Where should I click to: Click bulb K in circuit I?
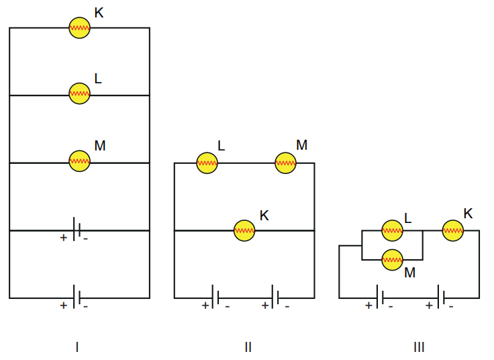tap(79, 28)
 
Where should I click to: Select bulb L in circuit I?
tap(79, 93)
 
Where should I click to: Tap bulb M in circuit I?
tap(79, 161)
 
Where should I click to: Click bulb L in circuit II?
tap(207, 163)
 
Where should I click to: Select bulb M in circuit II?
tap(285, 163)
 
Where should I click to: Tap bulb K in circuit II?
tap(244, 230)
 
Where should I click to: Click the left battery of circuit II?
tap(215, 297)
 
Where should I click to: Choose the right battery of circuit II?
tap(275, 297)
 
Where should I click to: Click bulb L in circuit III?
tap(392, 230)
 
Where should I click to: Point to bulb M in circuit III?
tap(392, 259)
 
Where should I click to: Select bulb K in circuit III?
tap(452, 230)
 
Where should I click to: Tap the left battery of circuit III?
tap(380, 297)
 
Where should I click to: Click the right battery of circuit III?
tap(440, 297)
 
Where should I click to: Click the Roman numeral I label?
tap(77, 347)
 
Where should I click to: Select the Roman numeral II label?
tap(248, 347)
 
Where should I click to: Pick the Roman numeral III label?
tap(419, 347)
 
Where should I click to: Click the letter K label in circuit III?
tap(468, 214)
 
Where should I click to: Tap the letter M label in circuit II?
tap(301, 145)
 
